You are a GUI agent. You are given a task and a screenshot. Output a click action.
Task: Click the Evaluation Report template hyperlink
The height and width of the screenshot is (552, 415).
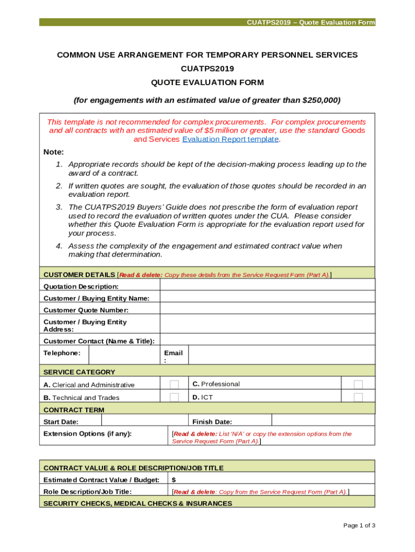[230, 139]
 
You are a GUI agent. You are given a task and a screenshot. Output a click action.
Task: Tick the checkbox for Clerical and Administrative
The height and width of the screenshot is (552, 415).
[174, 384]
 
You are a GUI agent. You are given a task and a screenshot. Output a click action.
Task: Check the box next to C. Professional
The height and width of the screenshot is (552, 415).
[358, 384]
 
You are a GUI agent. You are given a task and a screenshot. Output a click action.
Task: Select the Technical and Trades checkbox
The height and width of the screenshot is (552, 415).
[174, 397]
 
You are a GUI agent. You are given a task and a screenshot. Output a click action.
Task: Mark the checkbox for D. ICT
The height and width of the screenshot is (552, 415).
[358, 397]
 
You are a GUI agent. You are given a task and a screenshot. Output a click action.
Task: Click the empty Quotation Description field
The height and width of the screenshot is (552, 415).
[267, 286]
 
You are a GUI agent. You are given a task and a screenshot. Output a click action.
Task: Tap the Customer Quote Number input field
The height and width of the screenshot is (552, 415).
[267, 310]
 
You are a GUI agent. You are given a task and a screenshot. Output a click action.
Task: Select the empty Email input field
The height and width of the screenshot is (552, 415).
[280, 354]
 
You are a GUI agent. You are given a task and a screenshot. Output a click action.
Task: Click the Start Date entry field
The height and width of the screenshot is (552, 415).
[144, 422]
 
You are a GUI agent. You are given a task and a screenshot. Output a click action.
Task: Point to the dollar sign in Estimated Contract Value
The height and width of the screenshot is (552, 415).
[174, 480]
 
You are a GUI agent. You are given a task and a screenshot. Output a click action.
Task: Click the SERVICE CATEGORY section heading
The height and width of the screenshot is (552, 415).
[79, 372]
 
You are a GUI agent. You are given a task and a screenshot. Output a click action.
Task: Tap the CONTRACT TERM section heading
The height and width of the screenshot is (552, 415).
[74, 410]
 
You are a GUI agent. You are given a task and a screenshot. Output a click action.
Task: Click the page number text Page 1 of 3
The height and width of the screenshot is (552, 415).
[359, 526]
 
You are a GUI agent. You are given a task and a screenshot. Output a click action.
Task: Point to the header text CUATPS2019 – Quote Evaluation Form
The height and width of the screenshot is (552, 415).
[310, 23]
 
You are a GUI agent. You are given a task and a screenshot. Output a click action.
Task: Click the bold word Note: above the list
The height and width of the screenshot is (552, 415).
[53, 152]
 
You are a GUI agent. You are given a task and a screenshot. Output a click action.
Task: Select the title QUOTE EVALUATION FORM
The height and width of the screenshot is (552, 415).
[207, 82]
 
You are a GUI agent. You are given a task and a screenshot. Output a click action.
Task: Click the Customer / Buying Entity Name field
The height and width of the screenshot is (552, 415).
[267, 298]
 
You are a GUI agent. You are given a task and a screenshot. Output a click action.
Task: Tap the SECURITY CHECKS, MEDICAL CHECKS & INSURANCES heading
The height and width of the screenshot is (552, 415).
[137, 503]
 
